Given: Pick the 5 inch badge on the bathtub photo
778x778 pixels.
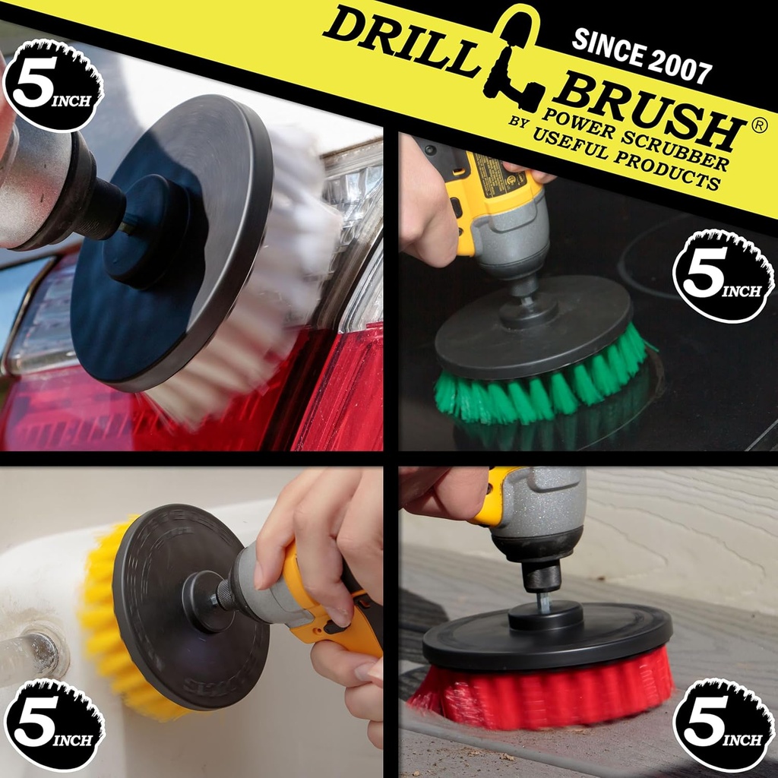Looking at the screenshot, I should coord(54,725).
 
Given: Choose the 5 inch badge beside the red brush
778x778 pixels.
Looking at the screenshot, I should coord(723,725).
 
